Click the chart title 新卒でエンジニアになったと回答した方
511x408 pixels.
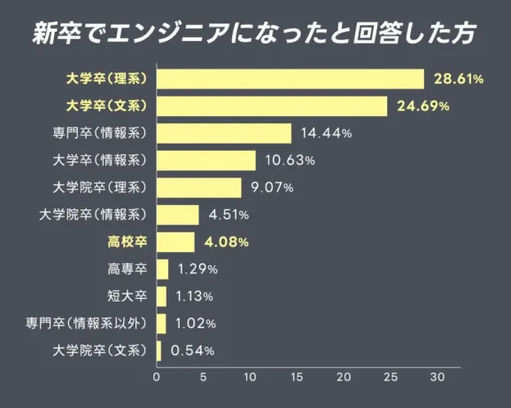[x=255, y=33]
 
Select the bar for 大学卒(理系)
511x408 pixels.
[x=290, y=79]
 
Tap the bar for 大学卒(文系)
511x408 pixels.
[x=272, y=106]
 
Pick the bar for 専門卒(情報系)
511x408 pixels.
[x=224, y=133]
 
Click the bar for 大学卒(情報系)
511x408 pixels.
[x=206, y=161]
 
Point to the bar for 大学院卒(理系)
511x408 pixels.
[x=199, y=187]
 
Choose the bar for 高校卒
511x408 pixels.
[x=175, y=241]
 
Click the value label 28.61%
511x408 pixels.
[x=458, y=80]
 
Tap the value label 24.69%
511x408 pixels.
[x=422, y=106]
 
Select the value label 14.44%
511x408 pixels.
[x=326, y=134]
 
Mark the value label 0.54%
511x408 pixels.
[x=192, y=351]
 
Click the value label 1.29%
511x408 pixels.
[x=197, y=269]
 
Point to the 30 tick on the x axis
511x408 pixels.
[x=437, y=377]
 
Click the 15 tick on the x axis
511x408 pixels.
[x=297, y=377]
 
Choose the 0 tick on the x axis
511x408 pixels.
[x=157, y=377]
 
